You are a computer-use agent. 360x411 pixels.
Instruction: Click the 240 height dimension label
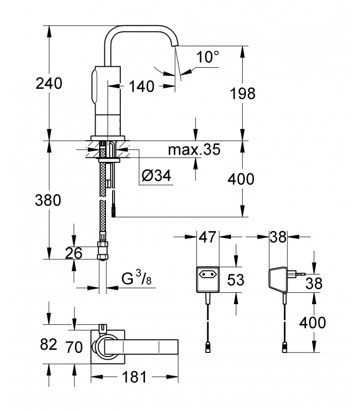[49, 84]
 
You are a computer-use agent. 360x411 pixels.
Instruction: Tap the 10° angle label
[208, 57]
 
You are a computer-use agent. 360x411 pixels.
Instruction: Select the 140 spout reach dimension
[141, 86]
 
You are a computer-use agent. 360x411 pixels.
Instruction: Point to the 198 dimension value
[242, 94]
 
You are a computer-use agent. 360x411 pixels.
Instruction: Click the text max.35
[194, 150]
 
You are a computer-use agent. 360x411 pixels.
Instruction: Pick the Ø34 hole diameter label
[156, 175]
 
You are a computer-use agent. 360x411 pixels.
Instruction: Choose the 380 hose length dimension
[48, 200]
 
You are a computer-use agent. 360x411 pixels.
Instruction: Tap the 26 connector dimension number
[74, 253]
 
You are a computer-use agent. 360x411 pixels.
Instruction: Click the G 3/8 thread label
[137, 278]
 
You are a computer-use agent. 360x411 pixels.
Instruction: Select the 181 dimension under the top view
[134, 377]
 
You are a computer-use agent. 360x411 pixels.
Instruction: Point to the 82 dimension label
[48, 344]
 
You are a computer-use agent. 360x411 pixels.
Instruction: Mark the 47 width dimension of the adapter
[207, 237]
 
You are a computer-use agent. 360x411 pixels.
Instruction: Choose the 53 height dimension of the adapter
[236, 279]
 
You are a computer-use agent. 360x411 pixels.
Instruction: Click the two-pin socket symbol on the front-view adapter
[208, 274]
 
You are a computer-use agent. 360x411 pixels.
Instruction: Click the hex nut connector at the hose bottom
[102, 251]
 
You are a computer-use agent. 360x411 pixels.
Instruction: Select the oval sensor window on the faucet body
[95, 86]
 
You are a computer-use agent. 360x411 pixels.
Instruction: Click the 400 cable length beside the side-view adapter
[313, 323]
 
